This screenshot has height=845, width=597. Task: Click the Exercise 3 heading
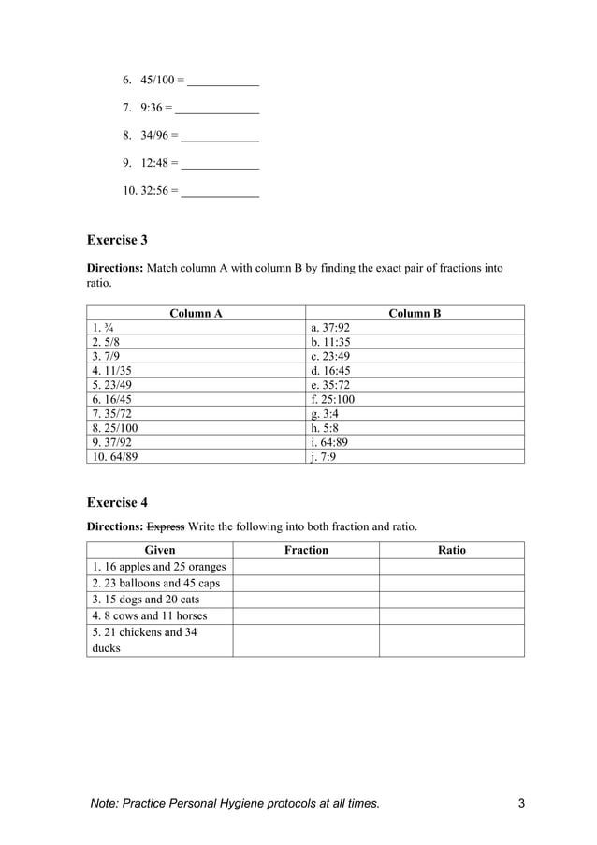pyautogui.click(x=117, y=240)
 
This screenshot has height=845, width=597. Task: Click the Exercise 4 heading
pyautogui.click(x=117, y=502)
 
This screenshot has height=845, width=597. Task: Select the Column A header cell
pyautogui.click(x=196, y=314)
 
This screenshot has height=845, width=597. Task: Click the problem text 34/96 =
pyautogui.click(x=158, y=136)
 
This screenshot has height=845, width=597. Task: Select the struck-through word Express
pyautogui.click(x=166, y=526)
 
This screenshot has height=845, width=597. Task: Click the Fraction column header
pyautogui.click(x=306, y=551)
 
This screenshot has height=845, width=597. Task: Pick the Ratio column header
pyautogui.click(x=452, y=551)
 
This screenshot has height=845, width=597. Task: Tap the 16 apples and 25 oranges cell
pyautogui.click(x=160, y=567)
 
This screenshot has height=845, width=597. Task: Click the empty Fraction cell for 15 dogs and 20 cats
pyautogui.click(x=306, y=600)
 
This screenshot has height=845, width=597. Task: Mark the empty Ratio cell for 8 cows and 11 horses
pyautogui.click(x=452, y=615)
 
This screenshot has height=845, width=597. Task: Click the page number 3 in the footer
pyautogui.click(x=521, y=804)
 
